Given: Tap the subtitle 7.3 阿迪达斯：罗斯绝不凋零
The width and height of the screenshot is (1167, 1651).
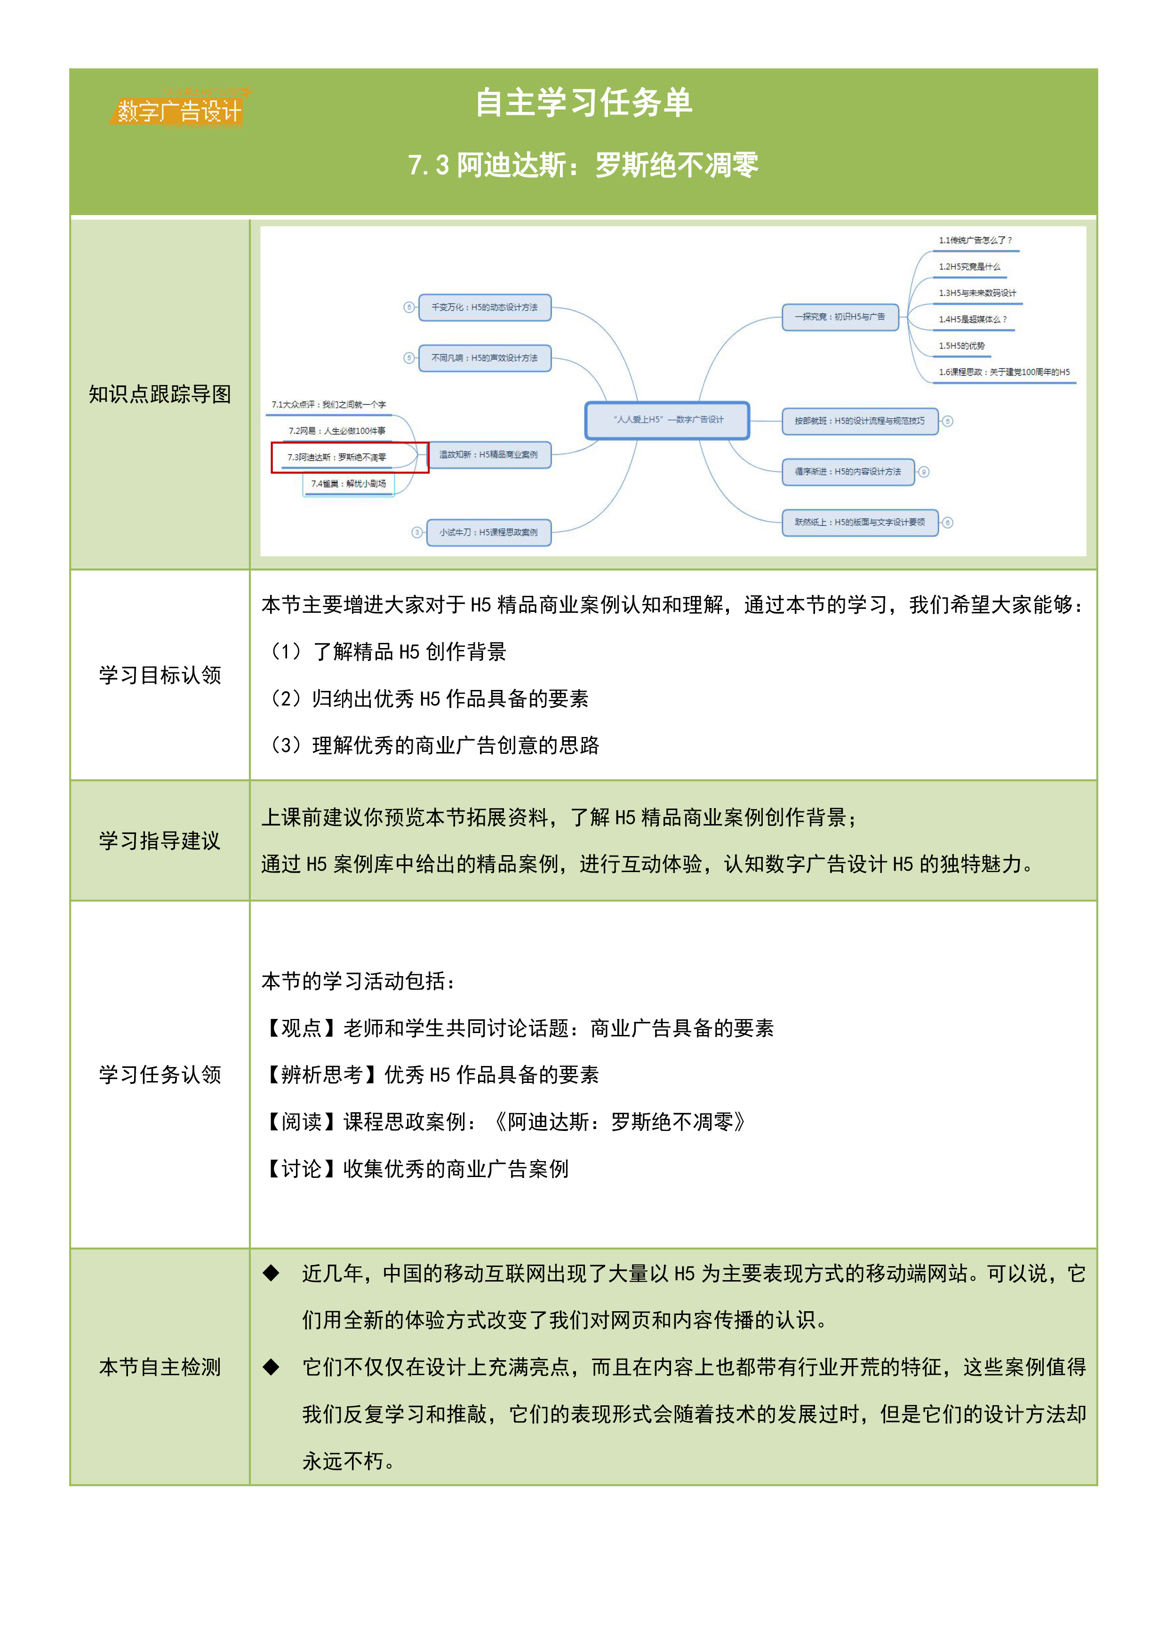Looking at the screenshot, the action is coord(583,165).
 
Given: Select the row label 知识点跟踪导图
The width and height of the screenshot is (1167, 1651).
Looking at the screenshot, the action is coord(160,394).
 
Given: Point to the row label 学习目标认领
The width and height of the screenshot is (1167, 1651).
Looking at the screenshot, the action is coord(160,674).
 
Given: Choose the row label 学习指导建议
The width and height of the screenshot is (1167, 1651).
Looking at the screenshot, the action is coord(160,840).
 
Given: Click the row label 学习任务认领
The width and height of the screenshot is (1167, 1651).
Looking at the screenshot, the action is coord(160,1074).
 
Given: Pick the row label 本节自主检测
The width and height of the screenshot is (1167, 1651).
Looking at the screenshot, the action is coord(160,1366).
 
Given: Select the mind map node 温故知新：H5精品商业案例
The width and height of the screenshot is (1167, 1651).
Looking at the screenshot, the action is coord(489,455).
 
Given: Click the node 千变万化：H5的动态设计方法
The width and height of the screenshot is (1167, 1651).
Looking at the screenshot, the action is coord(485,307).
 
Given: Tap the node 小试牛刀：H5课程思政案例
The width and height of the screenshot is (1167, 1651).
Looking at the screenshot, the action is coord(489,533).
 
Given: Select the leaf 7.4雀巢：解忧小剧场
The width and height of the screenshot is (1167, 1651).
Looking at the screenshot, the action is coord(349,484).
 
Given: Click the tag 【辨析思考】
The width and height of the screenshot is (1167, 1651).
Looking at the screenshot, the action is coord(321,1074).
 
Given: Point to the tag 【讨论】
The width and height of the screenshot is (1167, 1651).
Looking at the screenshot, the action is coord(301,1169).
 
